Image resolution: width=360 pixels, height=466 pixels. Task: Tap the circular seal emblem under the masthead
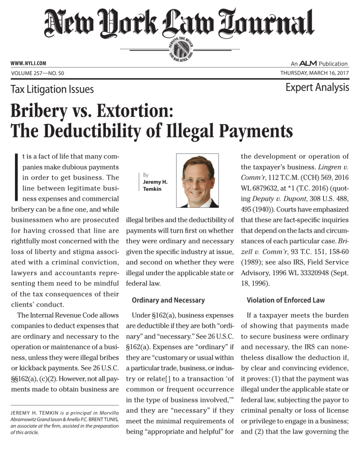(x=180, y=48)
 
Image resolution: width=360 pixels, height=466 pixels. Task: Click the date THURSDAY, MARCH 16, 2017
(x=314, y=73)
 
